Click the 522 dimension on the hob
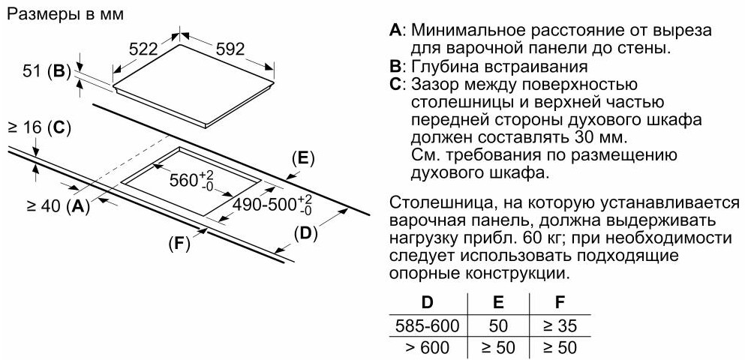click(x=143, y=49)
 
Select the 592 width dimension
click(x=230, y=49)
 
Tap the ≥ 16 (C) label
click(x=39, y=127)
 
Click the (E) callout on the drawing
click(x=303, y=159)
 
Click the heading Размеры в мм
click(x=66, y=14)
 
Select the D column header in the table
click(x=428, y=303)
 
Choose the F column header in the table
click(x=561, y=303)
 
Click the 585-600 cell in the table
click(x=428, y=325)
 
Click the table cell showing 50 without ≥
click(x=498, y=325)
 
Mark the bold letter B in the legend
click(x=395, y=66)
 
